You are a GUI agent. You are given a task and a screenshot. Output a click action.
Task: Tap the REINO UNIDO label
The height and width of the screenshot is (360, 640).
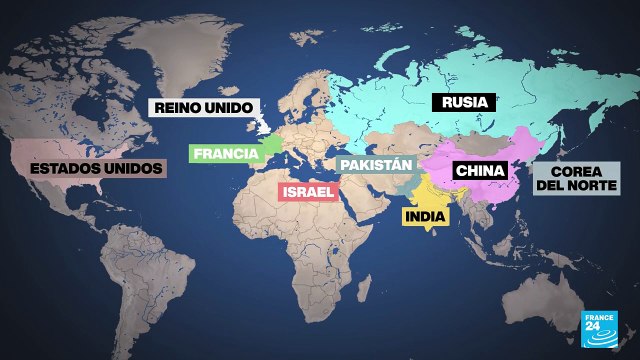click(203, 108)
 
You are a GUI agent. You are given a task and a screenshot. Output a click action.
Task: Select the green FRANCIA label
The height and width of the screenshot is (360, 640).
click(224, 154)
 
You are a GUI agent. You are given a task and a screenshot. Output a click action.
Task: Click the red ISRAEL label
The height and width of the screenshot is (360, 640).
click(308, 191)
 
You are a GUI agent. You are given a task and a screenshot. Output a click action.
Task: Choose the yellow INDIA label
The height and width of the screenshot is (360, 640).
click(428, 215)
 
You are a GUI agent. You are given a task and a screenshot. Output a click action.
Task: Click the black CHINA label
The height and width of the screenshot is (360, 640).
click(480, 171)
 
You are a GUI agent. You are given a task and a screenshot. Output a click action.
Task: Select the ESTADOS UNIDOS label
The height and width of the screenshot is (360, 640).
click(96, 168)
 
